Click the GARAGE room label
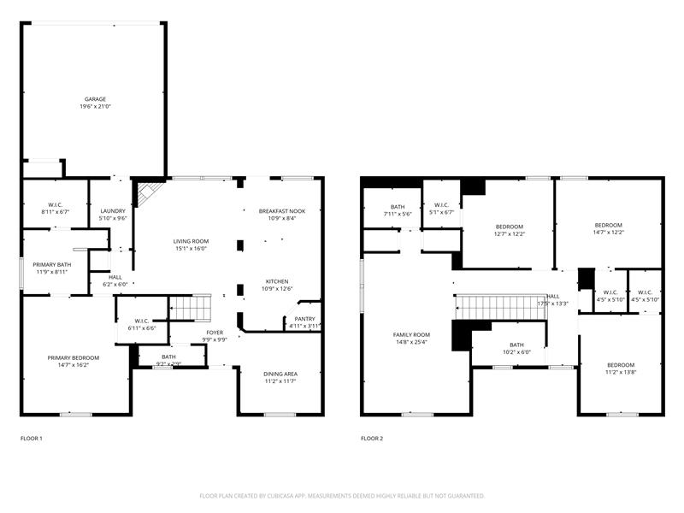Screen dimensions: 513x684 pos(95,99)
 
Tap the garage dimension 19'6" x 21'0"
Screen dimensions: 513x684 pos(95,107)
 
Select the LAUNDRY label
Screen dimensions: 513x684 pos(113,211)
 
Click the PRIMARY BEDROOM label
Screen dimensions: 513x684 pos(73,357)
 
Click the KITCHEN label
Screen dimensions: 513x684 pos(276,281)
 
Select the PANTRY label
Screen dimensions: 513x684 pos(304,319)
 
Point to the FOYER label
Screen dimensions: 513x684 pos(215,332)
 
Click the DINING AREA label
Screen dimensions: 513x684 pos(280,373)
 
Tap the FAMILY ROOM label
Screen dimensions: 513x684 pos(411,334)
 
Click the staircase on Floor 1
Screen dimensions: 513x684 pos(189,305)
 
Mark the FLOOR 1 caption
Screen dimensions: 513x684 pos(31,439)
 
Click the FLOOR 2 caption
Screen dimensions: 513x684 pos(372,439)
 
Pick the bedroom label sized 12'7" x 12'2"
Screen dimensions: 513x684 pos(510,227)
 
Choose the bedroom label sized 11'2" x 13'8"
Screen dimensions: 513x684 pos(621,365)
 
